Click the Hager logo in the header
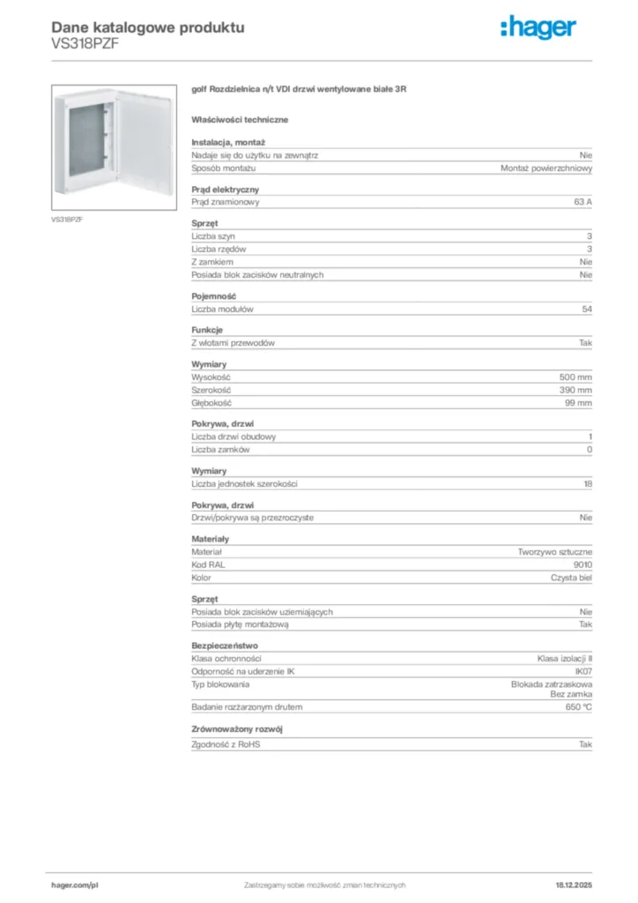(x=538, y=29)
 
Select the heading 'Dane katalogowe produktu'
(x=148, y=27)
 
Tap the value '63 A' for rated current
(x=582, y=202)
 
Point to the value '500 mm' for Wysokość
(x=575, y=377)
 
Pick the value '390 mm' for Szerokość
(x=575, y=390)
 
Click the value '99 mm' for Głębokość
(x=578, y=402)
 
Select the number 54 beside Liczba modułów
(x=587, y=310)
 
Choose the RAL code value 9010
(x=582, y=564)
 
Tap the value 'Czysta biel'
(x=572, y=578)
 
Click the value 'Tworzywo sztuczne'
(x=555, y=552)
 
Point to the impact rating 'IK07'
(x=583, y=671)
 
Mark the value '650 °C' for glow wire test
(x=579, y=706)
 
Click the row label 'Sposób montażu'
(x=224, y=168)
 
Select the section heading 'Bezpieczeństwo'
(x=225, y=646)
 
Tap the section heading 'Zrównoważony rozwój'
(x=237, y=729)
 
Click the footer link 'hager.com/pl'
(x=74, y=884)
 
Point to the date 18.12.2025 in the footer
(x=574, y=884)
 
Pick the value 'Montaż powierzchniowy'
(x=546, y=168)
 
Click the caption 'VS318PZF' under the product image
(x=67, y=219)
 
